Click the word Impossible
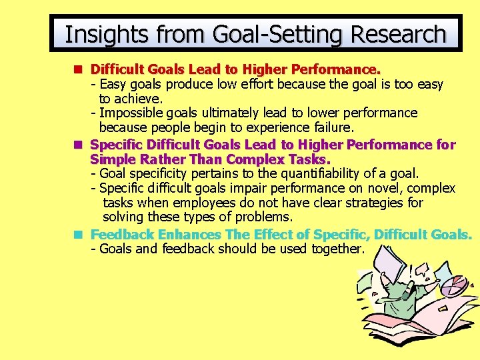[x=131, y=113]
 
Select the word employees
[x=203, y=203]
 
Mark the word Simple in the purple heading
[x=110, y=159]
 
